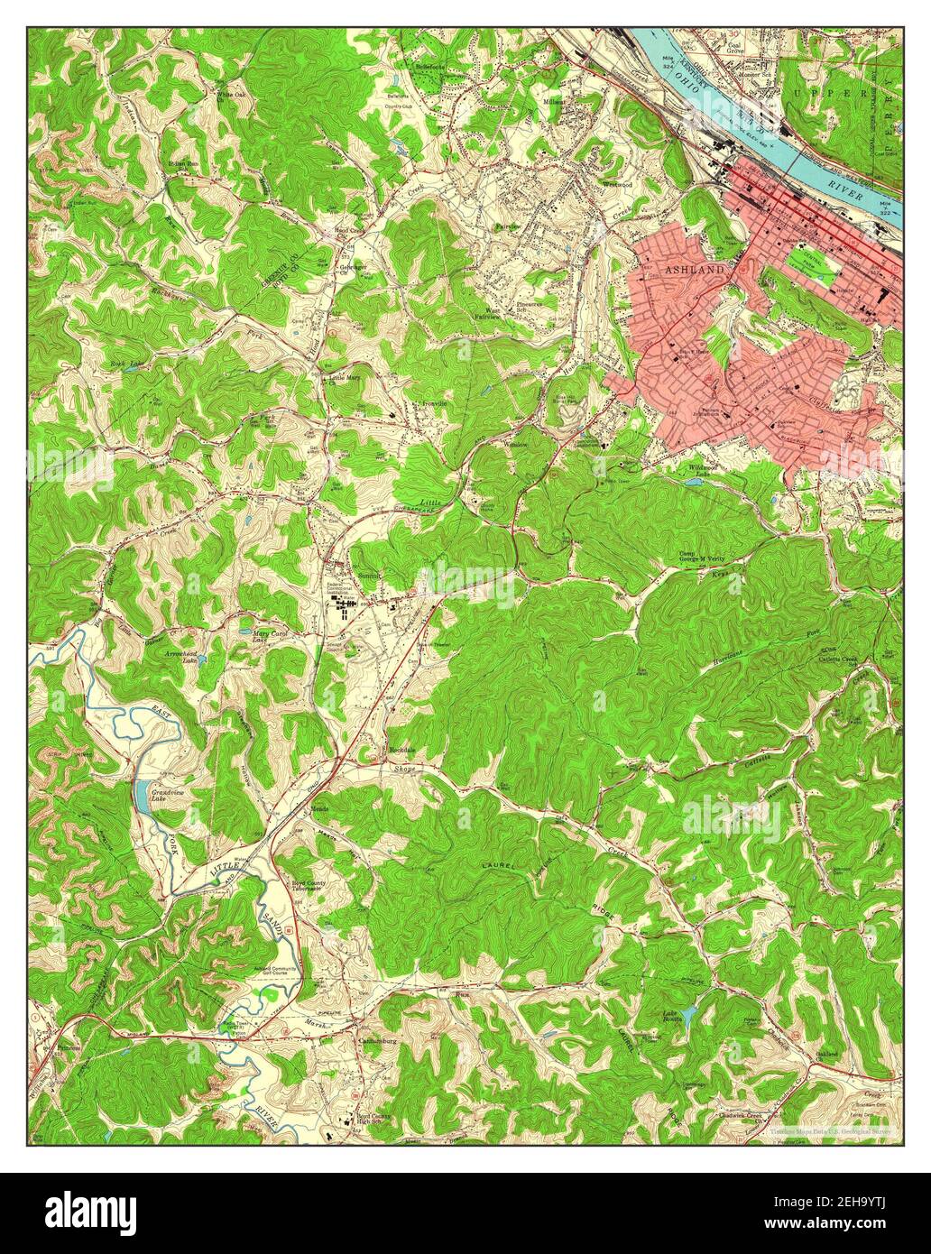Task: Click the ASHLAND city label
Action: (x=695, y=270)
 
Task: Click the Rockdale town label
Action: (x=401, y=750)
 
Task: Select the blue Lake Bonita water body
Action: (x=689, y=1018)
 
